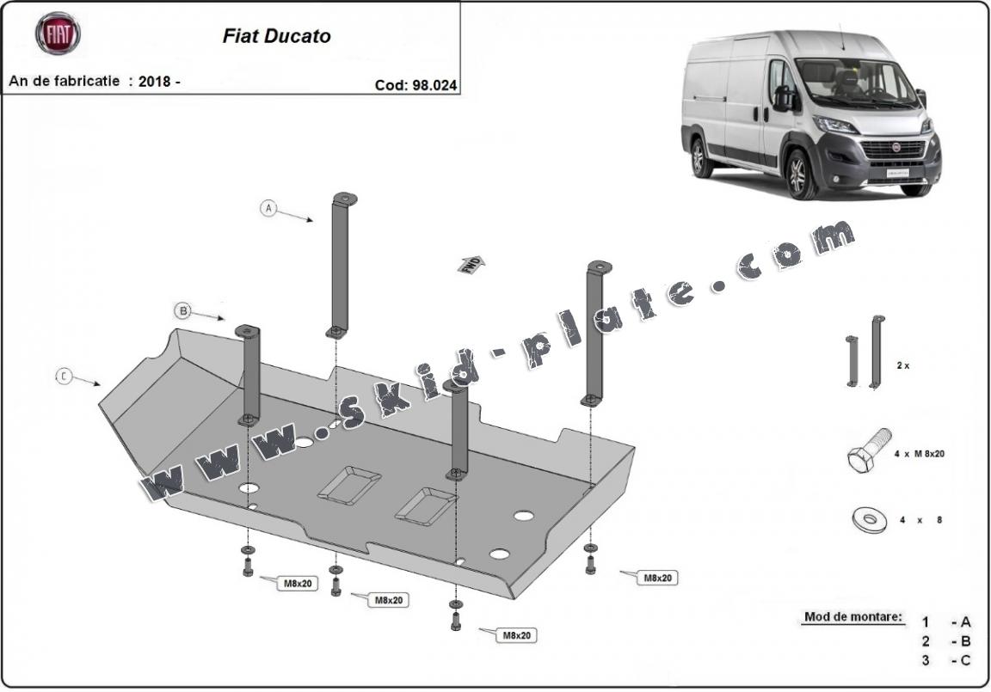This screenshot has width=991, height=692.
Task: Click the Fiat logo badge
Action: click(x=57, y=34)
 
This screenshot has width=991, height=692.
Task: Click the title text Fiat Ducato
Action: click(x=276, y=36)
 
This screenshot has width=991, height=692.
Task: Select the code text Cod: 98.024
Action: click(x=415, y=84)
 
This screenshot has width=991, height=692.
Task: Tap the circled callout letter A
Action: click(x=269, y=208)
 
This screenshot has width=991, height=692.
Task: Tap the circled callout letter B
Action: click(x=182, y=310)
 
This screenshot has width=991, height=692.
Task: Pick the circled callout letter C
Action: click(x=65, y=377)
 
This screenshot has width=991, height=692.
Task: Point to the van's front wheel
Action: click(x=800, y=174)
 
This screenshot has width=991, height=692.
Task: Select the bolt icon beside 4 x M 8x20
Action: click(x=866, y=450)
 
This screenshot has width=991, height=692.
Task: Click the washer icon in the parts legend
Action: click(x=867, y=518)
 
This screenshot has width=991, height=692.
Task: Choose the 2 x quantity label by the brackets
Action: click(x=903, y=365)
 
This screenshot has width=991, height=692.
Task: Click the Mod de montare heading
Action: click(x=853, y=616)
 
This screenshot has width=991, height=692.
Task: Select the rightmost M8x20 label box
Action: click(x=657, y=578)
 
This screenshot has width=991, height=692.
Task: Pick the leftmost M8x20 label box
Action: click(x=297, y=584)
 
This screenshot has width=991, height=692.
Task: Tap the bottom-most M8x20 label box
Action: click(x=514, y=635)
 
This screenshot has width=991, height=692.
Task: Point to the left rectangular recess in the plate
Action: click(x=348, y=484)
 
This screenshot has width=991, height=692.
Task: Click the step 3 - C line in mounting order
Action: click(x=946, y=659)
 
